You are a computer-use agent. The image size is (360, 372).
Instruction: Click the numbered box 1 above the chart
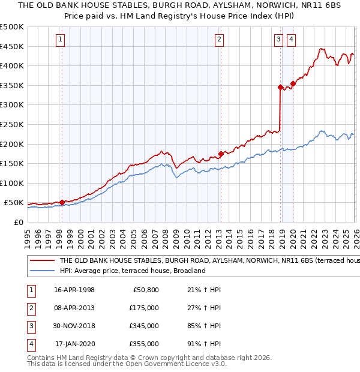pos(61,40)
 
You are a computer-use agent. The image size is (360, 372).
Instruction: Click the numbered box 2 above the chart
pos(220,40)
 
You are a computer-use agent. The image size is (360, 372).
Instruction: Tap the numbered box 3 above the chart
pos(279,40)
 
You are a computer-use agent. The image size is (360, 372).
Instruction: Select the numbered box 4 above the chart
pos(291,40)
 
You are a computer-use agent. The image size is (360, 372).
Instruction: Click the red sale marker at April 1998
pos(62,202)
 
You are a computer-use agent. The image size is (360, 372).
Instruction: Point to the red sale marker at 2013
pos(220,154)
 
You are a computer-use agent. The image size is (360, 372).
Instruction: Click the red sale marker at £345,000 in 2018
pos(280,87)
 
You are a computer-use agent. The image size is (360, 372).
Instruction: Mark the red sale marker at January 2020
pos(293,83)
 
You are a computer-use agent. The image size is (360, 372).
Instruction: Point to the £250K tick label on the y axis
pos(11,124)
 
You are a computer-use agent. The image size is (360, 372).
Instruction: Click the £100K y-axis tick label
pos(11,183)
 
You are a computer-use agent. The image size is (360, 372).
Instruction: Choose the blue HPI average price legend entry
pos(133,271)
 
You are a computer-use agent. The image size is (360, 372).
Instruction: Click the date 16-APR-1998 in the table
pos(74,290)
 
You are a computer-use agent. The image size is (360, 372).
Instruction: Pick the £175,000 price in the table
pos(144,308)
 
